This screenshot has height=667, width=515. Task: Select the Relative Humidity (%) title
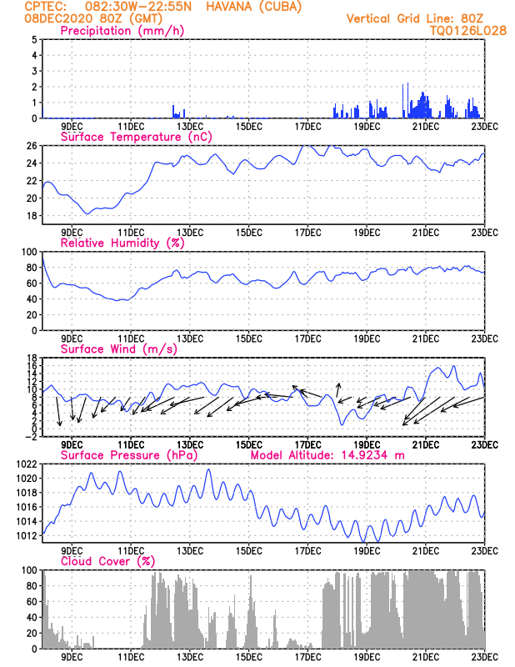[x=122, y=243]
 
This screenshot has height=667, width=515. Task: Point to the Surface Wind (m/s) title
[x=114, y=349]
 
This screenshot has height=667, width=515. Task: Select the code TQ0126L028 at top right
[x=457, y=30]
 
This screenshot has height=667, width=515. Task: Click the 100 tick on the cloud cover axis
[x=27, y=570]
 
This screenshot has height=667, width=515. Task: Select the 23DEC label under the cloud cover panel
[x=484, y=657]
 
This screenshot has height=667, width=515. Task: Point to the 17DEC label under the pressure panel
[x=307, y=551]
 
